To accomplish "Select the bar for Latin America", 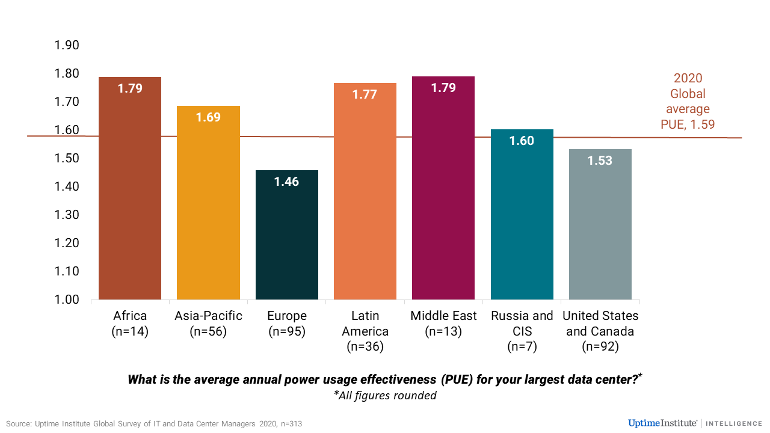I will point(365,198).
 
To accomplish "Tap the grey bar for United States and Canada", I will point(600,229).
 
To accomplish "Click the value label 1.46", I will point(286,181).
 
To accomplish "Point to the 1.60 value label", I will point(522,141).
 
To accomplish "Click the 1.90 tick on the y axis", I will point(67,46).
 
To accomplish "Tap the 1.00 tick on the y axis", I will point(67,299).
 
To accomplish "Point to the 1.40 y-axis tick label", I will point(67,186).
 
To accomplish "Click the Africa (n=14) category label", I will point(130,324).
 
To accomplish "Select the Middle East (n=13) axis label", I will point(443,324).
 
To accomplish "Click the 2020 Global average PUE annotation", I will point(688,102).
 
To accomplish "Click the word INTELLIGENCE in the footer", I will point(734,423).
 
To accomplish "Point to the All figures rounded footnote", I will point(385,396).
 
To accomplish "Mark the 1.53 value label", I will point(600,161).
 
